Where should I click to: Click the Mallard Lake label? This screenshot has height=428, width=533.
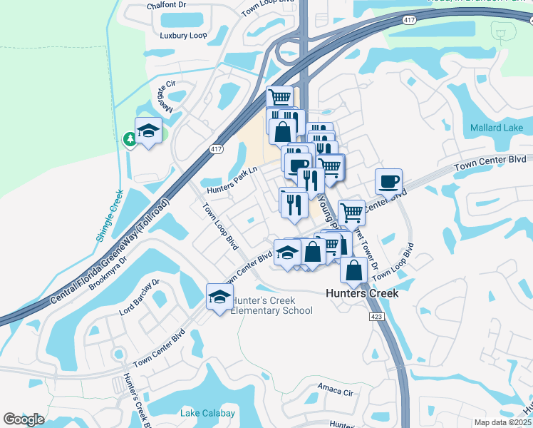point(497,128)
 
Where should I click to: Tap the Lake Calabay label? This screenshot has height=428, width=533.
point(208,414)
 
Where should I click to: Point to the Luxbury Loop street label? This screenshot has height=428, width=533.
point(183,35)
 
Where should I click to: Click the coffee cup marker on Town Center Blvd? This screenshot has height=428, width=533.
point(388,182)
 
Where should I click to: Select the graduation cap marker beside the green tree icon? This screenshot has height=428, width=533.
point(148,131)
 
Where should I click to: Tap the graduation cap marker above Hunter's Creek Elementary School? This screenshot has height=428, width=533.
point(219,297)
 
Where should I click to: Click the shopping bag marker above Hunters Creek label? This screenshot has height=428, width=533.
point(354,271)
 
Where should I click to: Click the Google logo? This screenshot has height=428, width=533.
point(24,419)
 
